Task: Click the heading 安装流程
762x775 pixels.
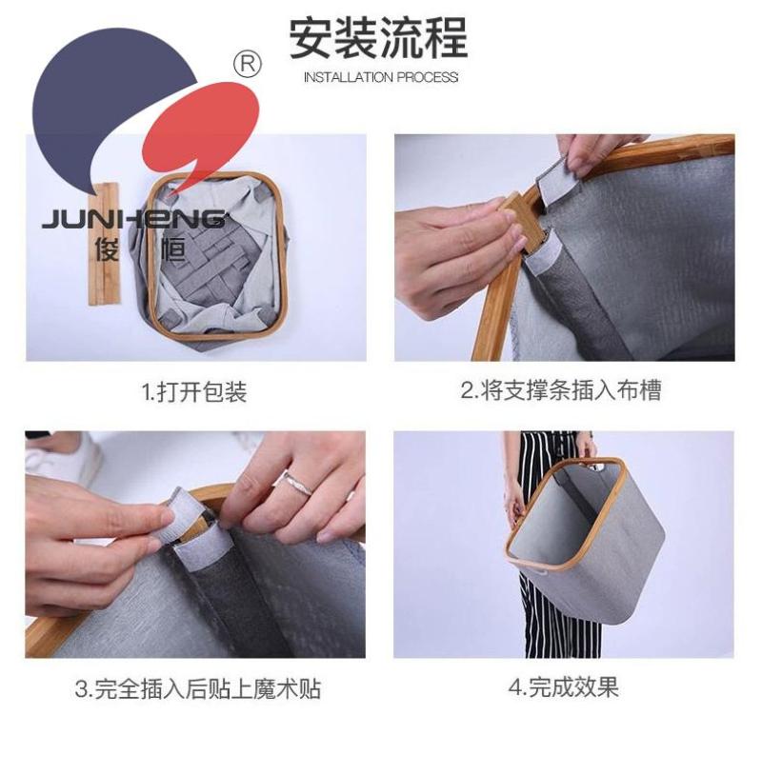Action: coord(378,38)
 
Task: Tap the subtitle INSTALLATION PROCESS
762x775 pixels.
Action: coord(381,77)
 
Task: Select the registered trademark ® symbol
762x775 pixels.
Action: coord(248,64)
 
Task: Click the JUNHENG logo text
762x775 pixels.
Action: coord(133,219)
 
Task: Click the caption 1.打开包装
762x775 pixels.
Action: coord(194,392)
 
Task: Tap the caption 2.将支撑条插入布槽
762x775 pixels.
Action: coord(561,390)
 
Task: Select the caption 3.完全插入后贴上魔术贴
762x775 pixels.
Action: coord(198,688)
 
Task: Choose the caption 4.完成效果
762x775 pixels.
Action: coord(563,687)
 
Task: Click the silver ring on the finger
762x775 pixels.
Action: coord(293,483)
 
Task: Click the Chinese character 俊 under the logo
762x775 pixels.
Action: coord(108,248)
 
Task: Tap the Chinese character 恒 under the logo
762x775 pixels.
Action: coord(174,248)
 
